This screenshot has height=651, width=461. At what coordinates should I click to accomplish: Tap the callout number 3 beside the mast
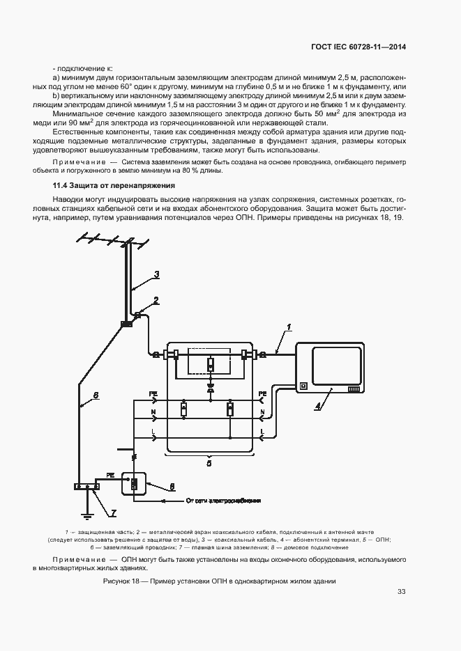point(157,274)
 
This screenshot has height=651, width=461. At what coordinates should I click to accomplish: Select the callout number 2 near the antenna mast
point(156,300)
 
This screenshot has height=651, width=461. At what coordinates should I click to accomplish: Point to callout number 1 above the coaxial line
point(288,327)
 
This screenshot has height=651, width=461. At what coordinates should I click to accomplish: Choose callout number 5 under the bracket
point(209,460)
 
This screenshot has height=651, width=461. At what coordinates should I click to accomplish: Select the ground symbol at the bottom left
point(86,516)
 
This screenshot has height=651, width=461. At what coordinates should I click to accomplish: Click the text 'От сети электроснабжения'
point(223,500)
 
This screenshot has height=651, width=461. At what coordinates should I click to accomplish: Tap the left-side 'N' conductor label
point(153,413)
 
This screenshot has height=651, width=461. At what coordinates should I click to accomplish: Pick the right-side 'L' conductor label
point(262,432)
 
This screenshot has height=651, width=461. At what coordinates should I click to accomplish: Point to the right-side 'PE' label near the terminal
point(262,394)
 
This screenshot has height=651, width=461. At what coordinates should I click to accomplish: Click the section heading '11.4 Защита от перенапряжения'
point(114,186)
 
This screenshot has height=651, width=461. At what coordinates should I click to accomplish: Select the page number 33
point(401,593)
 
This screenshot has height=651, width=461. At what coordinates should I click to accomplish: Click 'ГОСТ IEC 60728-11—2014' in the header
point(358,47)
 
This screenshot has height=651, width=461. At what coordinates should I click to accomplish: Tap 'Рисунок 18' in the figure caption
point(122,581)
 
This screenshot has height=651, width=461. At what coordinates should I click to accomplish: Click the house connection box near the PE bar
point(135,483)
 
